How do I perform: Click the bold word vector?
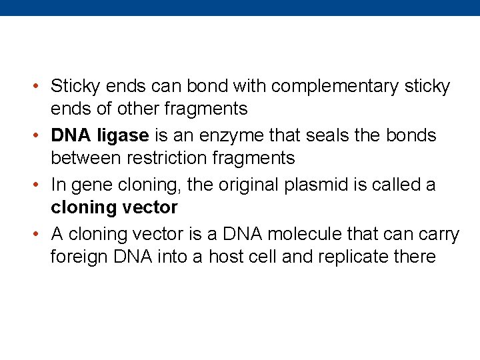(150, 207)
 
